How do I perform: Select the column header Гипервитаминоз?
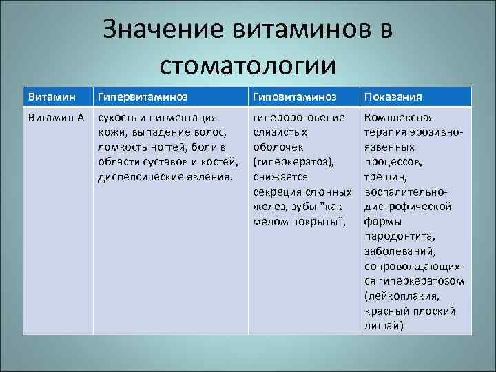[x=143, y=96]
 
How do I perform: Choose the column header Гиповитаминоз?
[x=295, y=96]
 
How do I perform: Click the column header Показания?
[x=393, y=96]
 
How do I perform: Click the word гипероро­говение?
[x=299, y=118]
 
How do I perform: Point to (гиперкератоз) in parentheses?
[x=293, y=162]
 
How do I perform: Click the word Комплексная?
[x=399, y=118]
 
